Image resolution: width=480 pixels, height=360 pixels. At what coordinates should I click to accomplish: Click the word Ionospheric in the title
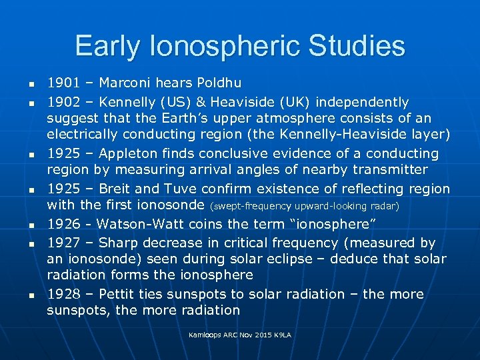click(x=221, y=47)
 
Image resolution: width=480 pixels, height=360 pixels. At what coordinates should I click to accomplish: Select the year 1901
click(x=62, y=83)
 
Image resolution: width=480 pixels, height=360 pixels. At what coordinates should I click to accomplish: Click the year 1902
click(x=62, y=102)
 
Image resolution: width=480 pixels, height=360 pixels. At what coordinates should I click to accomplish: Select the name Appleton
click(x=123, y=153)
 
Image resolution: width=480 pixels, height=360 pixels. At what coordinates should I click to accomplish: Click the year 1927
click(x=62, y=243)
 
